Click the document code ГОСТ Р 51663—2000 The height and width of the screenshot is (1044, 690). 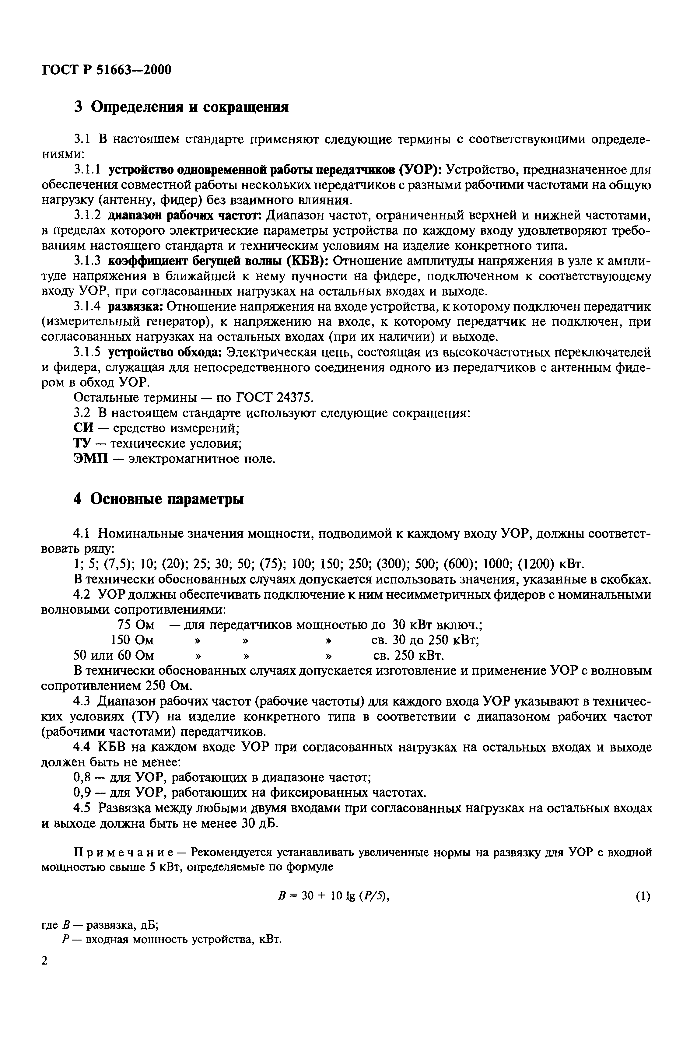click(x=107, y=69)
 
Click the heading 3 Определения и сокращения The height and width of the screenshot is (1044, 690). click(x=181, y=107)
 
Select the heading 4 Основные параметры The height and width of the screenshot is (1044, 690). click(x=158, y=499)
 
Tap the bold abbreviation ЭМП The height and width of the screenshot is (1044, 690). click(x=90, y=459)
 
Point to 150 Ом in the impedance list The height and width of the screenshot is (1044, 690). click(x=132, y=641)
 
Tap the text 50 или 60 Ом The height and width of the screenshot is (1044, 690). click(x=114, y=656)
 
